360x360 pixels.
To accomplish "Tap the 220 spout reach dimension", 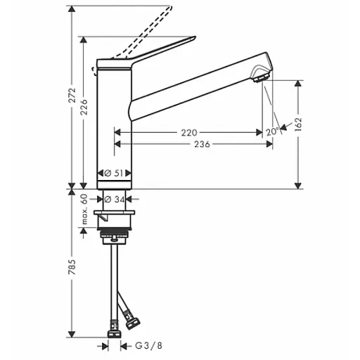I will pyautogui.click(x=189, y=132).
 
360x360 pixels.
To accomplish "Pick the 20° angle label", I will pyautogui.click(x=273, y=131).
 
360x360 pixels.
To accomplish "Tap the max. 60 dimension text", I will pyautogui.click(x=84, y=210).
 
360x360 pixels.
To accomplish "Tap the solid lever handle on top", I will pyautogui.click(x=148, y=56).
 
